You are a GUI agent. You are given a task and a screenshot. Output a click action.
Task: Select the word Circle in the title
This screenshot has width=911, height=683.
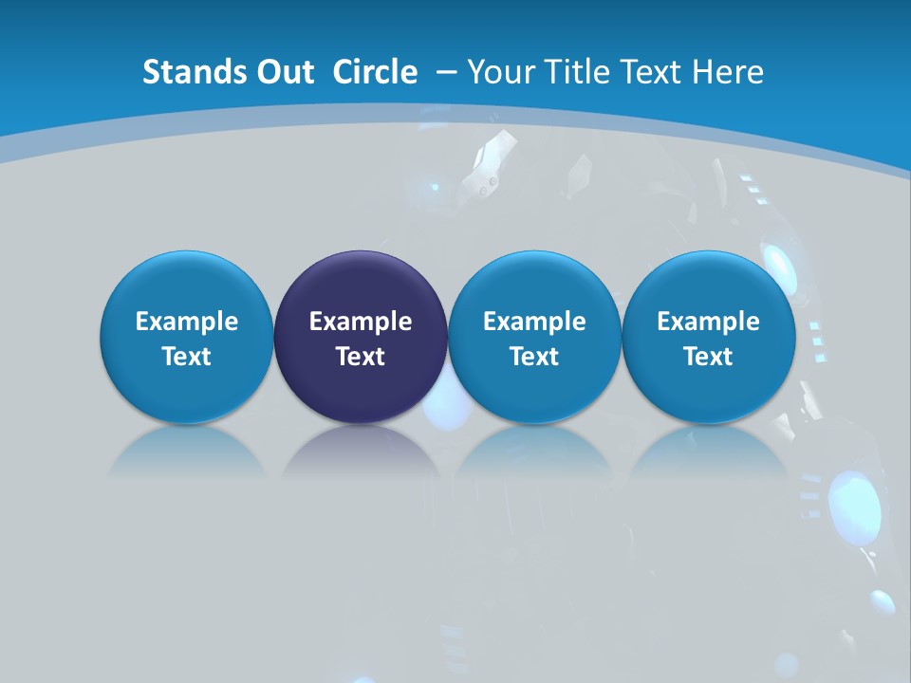click(375, 72)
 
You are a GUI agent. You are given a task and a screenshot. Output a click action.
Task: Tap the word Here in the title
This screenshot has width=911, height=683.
click(728, 72)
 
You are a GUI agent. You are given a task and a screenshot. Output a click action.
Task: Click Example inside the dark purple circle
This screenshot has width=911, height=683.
click(361, 322)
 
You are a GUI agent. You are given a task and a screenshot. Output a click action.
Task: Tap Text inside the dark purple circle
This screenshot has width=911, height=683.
click(361, 357)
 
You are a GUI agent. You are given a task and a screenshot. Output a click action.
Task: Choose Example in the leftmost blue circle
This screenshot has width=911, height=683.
click(187, 322)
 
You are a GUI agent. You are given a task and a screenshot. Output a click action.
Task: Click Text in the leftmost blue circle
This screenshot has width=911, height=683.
click(187, 357)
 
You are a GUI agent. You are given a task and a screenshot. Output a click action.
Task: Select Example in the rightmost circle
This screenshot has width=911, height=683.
click(708, 322)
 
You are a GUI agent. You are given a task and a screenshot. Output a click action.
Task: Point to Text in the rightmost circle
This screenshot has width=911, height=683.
click(708, 357)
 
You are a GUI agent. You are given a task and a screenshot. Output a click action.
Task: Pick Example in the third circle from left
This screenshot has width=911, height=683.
click(534, 322)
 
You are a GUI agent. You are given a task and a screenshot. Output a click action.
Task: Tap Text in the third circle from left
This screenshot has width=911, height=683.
click(534, 357)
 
